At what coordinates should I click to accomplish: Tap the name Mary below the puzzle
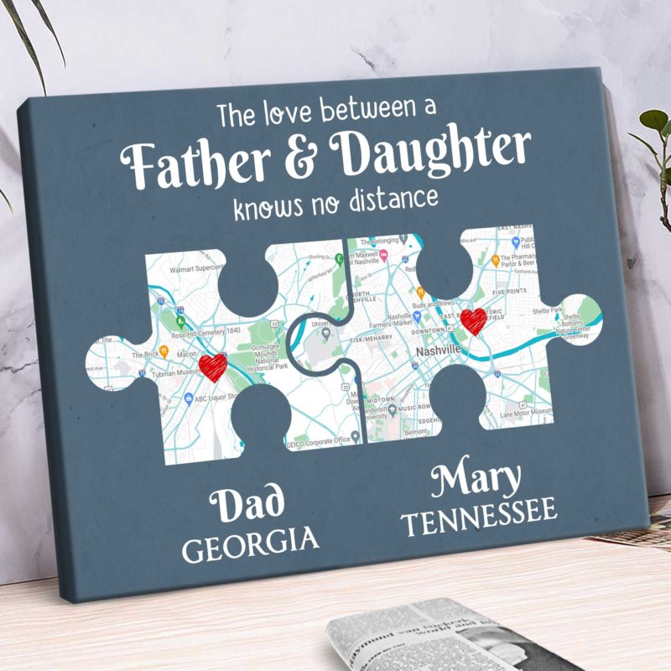click(x=476, y=481)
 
